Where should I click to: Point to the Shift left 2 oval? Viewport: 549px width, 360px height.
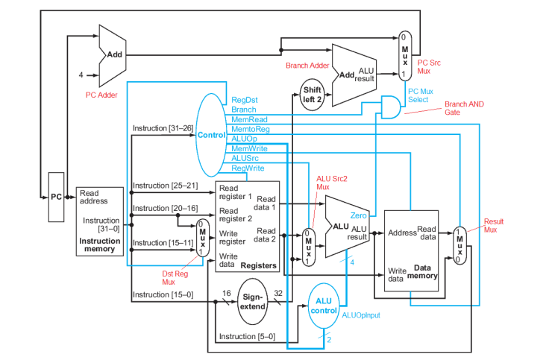click(312, 94)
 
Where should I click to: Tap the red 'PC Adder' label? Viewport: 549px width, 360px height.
click(102, 95)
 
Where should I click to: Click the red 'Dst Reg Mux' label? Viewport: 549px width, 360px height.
click(173, 278)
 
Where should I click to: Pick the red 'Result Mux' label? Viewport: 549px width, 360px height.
click(494, 226)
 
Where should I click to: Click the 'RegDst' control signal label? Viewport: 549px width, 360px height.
click(244, 99)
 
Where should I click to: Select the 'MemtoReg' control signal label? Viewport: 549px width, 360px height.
click(249, 129)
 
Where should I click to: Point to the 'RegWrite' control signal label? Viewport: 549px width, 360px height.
click(248, 168)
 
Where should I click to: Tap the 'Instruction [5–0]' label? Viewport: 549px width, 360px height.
click(247, 336)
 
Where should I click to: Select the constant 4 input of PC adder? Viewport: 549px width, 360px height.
click(81, 75)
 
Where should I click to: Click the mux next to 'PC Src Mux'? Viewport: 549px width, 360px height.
click(404, 55)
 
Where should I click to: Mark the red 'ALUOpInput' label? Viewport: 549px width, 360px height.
click(361, 315)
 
